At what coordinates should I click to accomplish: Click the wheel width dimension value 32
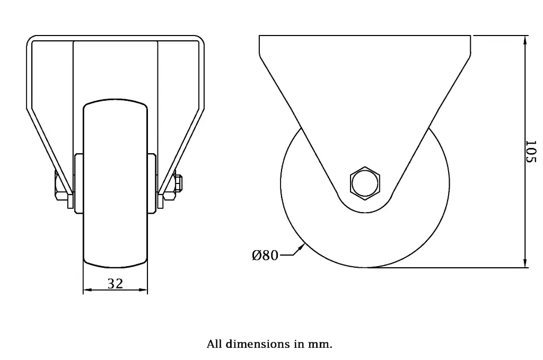[x=115, y=284]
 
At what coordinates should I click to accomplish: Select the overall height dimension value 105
[x=531, y=152]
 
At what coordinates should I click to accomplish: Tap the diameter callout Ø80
[x=265, y=256]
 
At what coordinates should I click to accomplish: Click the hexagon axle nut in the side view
[x=365, y=183]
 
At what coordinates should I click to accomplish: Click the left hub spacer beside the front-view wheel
[x=79, y=183]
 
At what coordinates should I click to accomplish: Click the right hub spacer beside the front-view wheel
[x=152, y=183]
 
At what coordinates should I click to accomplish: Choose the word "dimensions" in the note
[x=258, y=344]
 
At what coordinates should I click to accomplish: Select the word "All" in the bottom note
[x=214, y=344]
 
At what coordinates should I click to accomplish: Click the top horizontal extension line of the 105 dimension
[x=498, y=36]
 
